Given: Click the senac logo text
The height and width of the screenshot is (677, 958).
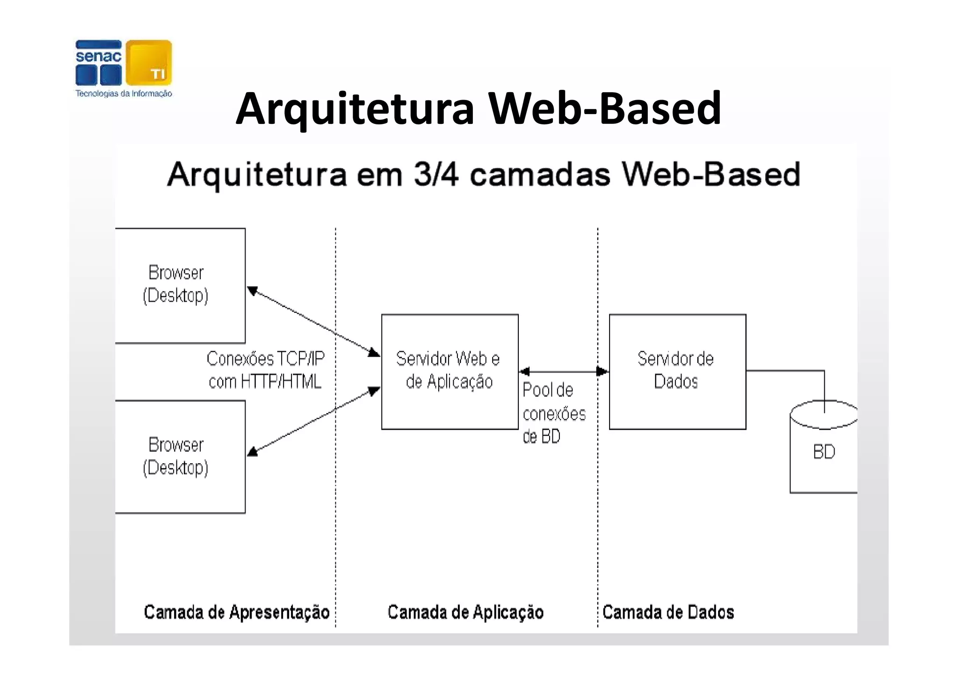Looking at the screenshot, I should tap(98, 57).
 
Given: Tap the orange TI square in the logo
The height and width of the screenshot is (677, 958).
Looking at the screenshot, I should tap(149, 63).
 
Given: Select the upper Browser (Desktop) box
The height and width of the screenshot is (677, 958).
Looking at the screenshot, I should tap(180, 285).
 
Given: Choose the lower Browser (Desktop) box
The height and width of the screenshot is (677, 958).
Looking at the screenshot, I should tap(180, 456).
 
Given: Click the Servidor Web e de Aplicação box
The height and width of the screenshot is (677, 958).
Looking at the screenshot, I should tap(450, 371).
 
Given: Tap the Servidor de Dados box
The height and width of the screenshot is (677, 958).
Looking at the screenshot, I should tap(677, 371).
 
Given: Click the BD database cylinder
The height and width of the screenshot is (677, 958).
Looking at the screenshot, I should tap(823, 451).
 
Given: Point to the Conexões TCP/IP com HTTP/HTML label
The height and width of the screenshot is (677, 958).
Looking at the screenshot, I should tap(265, 370).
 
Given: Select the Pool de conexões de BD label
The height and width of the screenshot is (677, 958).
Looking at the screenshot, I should tap(553, 413).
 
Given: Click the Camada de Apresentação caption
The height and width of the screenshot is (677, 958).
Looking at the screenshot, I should tap(237, 612).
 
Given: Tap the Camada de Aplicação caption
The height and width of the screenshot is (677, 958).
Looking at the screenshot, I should tap(465, 612).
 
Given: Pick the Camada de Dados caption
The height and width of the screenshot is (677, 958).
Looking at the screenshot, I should tap(668, 612).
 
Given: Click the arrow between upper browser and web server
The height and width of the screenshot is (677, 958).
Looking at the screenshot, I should tap(313, 321).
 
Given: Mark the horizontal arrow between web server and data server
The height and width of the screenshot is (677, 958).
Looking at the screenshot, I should tap(564, 372).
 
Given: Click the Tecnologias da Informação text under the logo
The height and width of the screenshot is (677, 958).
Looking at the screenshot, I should tap(124, 94).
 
